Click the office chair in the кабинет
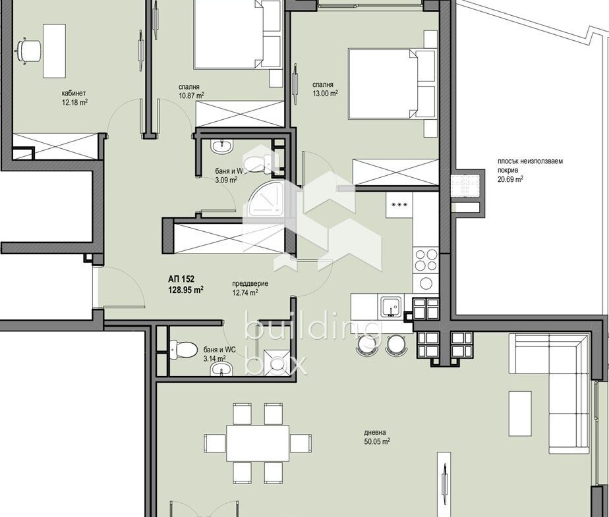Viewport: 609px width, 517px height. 28,51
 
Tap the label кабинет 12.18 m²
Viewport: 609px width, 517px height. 74,98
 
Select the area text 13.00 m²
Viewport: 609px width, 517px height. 325,93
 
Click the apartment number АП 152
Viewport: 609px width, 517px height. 181,279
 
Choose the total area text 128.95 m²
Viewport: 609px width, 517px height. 186,289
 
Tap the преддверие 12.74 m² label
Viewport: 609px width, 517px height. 250,288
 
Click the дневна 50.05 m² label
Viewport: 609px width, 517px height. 377,437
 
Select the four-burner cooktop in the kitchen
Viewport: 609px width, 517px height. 426,260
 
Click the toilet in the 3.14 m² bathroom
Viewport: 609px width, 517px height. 184,349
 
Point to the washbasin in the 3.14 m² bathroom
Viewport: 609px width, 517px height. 221,368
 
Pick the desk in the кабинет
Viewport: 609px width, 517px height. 54,51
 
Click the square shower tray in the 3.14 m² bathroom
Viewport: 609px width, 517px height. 277,362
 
